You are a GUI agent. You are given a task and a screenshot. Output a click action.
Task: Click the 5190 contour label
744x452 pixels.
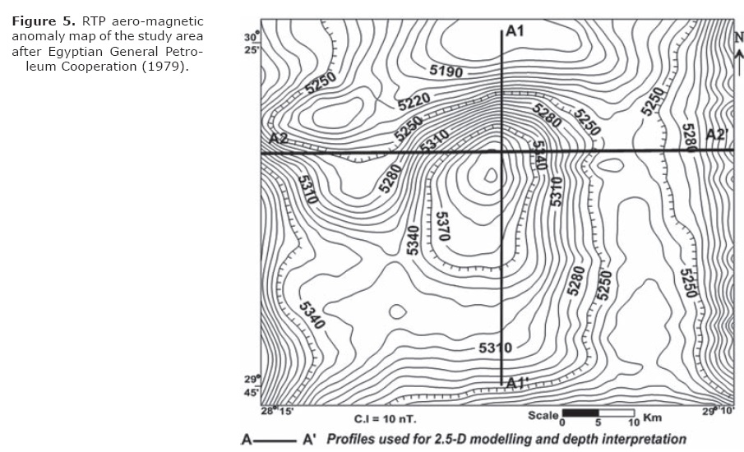(x=447, y=71)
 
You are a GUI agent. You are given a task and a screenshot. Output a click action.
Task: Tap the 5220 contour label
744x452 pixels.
(x=414, y=102)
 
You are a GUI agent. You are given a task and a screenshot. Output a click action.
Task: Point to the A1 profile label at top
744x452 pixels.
(x=515, y=31)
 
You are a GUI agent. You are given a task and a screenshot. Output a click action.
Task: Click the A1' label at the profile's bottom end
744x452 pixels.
(x=517, y=383)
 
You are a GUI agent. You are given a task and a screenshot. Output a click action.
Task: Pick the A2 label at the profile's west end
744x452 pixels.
(x=279, y=138)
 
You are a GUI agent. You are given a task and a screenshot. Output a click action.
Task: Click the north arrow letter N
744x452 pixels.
(x=739, y=36)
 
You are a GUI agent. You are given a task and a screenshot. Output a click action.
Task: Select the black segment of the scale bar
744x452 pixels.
(x=580, y=411)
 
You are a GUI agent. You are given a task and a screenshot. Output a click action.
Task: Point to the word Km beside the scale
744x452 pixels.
(x=653, y=417)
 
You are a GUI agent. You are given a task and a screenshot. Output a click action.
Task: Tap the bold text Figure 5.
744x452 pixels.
(x=44, y=21)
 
